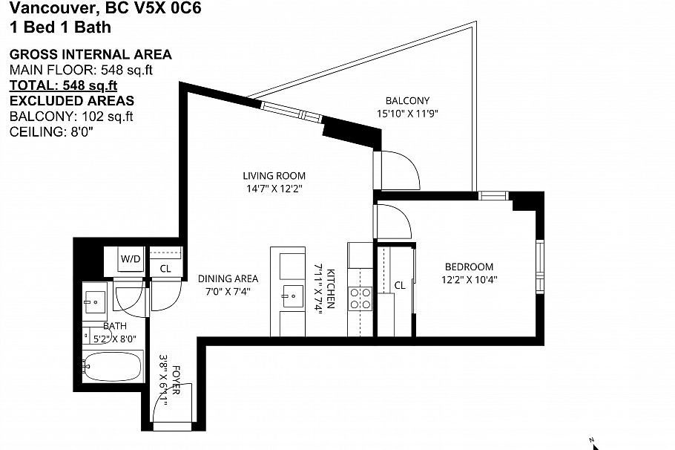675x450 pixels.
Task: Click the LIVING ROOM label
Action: click(274, 176)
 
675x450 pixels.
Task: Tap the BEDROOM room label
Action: click(470, 267)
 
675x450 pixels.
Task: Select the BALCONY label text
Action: click(408, 101)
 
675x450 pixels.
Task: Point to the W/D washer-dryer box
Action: click(131, 259)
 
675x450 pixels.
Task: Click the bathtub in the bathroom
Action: click(112, 366)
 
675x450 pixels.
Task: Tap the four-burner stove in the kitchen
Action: click(360, 299)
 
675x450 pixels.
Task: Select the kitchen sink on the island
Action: click(293, 296)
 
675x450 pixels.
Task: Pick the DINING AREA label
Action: click(228, 279)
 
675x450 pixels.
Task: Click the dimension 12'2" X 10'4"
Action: click(470, 280)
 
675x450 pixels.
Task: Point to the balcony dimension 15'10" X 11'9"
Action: click(408, 114)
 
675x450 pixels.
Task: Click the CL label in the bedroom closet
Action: click(400, 285)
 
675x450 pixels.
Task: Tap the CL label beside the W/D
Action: click(165, 269)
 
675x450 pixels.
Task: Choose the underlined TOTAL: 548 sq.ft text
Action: click(63, 85)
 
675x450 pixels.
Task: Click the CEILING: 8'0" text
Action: click(51, 132)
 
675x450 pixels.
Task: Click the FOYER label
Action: click(176, 379)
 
